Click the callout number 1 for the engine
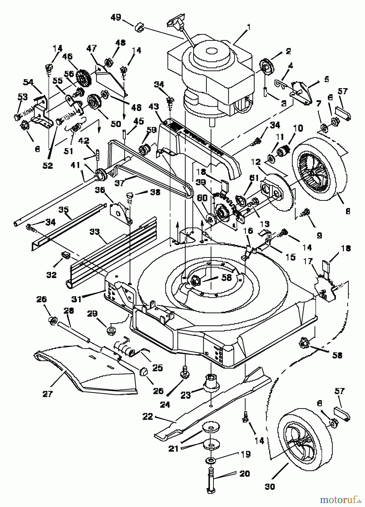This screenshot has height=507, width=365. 249,27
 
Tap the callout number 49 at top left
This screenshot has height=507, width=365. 116,18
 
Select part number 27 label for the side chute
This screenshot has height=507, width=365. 48,393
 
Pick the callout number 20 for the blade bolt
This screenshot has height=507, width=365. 244,473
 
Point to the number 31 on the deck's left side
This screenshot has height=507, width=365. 76,299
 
